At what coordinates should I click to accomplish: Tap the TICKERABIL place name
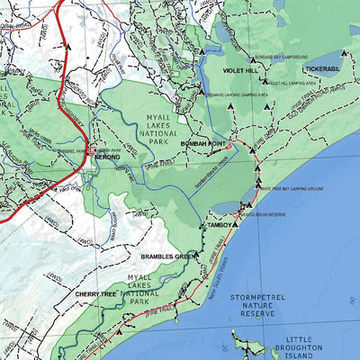click(326, 67)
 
